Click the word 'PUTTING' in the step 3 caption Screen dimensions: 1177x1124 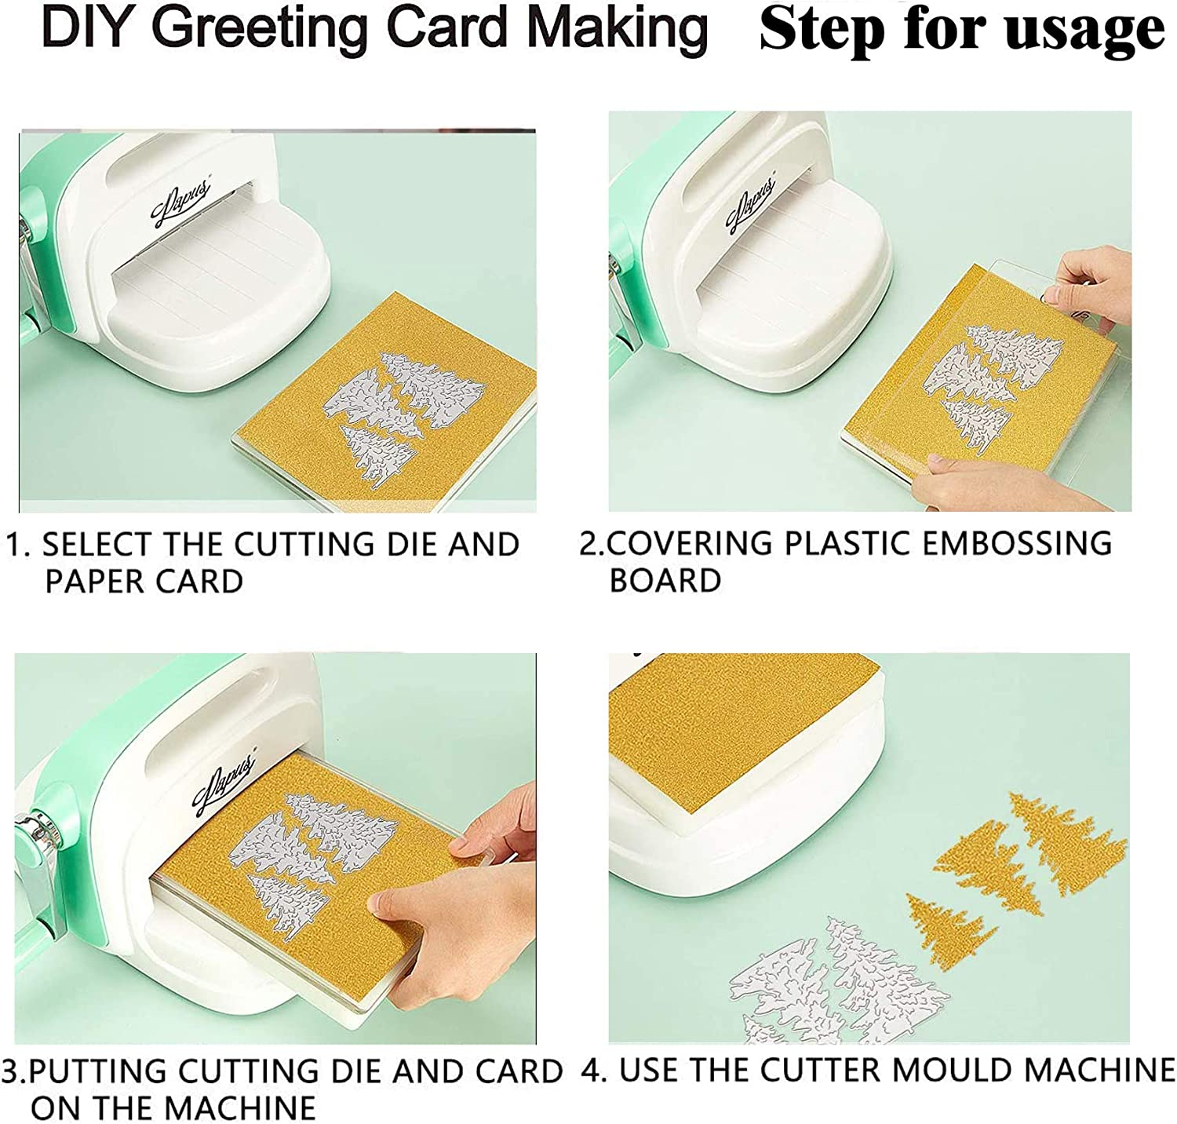click(x=97, y=1072)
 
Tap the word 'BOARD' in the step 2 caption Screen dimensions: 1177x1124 click(x=665, y=581)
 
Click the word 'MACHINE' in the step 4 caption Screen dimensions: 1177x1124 click(x=1100, y=1071)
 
